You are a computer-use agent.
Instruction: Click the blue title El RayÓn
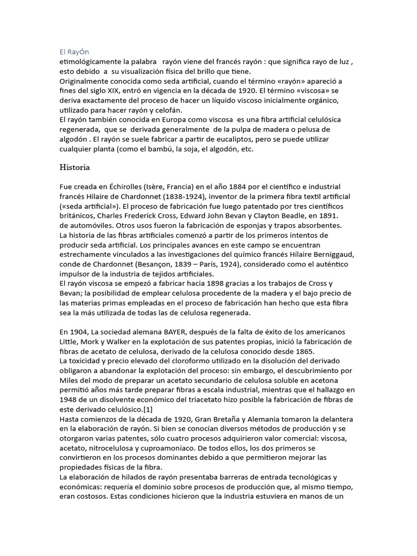(74, 52)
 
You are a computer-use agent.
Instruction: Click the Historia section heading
(77, 167)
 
